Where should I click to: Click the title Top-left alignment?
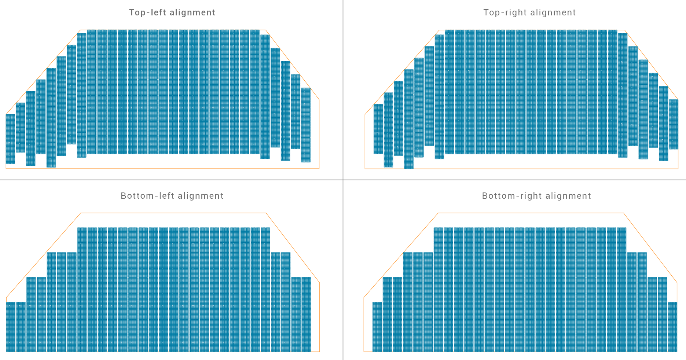point(172,12)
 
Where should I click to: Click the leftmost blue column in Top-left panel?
point(10,139)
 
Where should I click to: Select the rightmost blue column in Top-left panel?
point(306,125)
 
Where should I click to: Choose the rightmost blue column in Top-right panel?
point(674,124)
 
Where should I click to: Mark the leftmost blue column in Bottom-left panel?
point(11,327)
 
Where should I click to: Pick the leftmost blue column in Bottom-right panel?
point(377,327)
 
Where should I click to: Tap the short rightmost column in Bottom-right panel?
point(672,327)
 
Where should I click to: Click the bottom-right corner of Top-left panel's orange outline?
point(319,169)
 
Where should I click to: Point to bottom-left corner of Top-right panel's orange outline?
point(365,169)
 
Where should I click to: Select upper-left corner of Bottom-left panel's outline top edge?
point(81,213)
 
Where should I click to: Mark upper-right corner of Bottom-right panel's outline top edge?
point(623,213)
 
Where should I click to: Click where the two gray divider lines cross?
point(343,180)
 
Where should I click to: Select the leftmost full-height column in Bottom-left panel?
point(82,290)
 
